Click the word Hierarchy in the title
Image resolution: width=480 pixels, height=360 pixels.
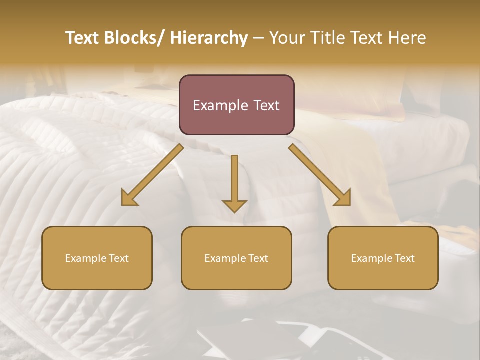tap(209, 38)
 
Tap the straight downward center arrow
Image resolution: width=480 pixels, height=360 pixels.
tap(234, 180)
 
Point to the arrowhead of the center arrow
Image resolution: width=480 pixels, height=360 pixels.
tap(234, 205)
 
